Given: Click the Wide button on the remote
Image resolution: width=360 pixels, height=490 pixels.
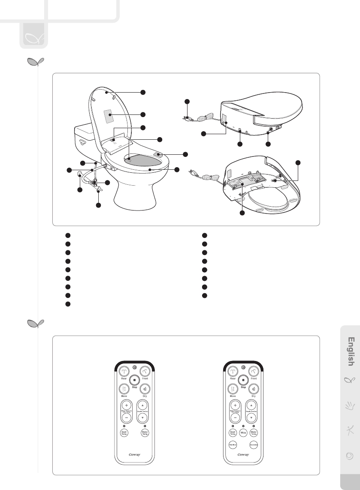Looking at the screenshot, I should click(244, 433).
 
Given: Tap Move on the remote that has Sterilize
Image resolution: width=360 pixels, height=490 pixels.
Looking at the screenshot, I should click(233, 389).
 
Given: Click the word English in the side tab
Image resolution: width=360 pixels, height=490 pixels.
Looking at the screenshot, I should click(351, 352).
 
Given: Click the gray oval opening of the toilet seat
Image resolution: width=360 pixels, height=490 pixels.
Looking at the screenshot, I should click(144, 160).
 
